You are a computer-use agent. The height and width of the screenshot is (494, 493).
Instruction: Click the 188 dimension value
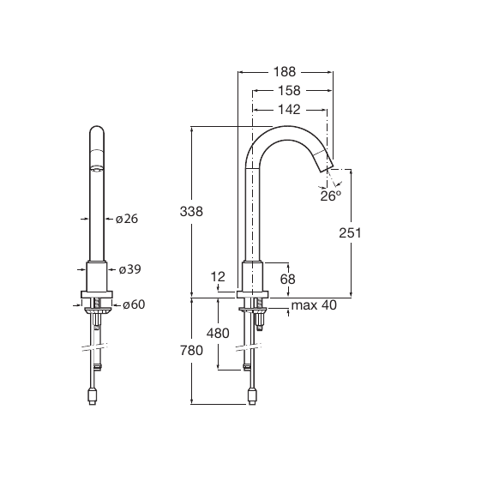point(285,72)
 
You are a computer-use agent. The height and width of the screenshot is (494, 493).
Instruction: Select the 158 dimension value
point(289,91)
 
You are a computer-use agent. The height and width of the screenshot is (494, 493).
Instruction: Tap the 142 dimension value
point(289,110)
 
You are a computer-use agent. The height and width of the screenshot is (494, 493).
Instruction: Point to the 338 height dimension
point(191,211)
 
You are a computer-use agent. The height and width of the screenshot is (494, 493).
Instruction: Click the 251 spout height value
point(350,232)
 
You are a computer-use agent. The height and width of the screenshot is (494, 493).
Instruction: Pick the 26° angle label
point(331,196)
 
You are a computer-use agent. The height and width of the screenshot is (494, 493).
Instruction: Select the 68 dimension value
point(287,279)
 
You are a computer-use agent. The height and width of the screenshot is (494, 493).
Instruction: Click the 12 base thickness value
point(218,277)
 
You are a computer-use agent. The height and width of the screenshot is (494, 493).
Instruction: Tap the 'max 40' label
point(314,305)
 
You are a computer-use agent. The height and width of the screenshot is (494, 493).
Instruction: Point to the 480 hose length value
point(218,333)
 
